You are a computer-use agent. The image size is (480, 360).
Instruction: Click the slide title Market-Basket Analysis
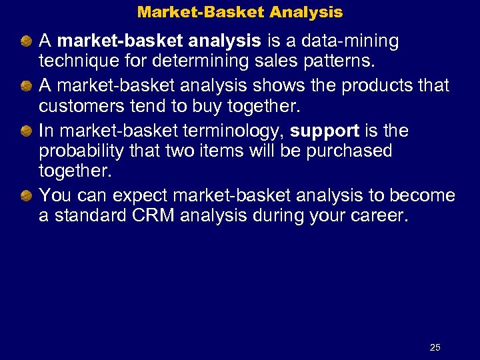[x=240, y=12]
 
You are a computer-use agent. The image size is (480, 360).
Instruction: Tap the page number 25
[x=435, y=347]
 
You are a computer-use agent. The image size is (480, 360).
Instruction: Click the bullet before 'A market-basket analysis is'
[x=26, y=42]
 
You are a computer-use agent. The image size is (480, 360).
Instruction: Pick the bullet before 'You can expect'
[x=26, y=195]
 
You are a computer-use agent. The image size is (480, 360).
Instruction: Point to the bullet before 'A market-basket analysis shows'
[x=26, y=87]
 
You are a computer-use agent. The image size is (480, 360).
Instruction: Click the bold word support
[x=325, y=131]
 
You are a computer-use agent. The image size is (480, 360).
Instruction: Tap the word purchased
[x=351, y=151]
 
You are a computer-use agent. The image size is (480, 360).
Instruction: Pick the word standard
[x=93, y=216]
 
